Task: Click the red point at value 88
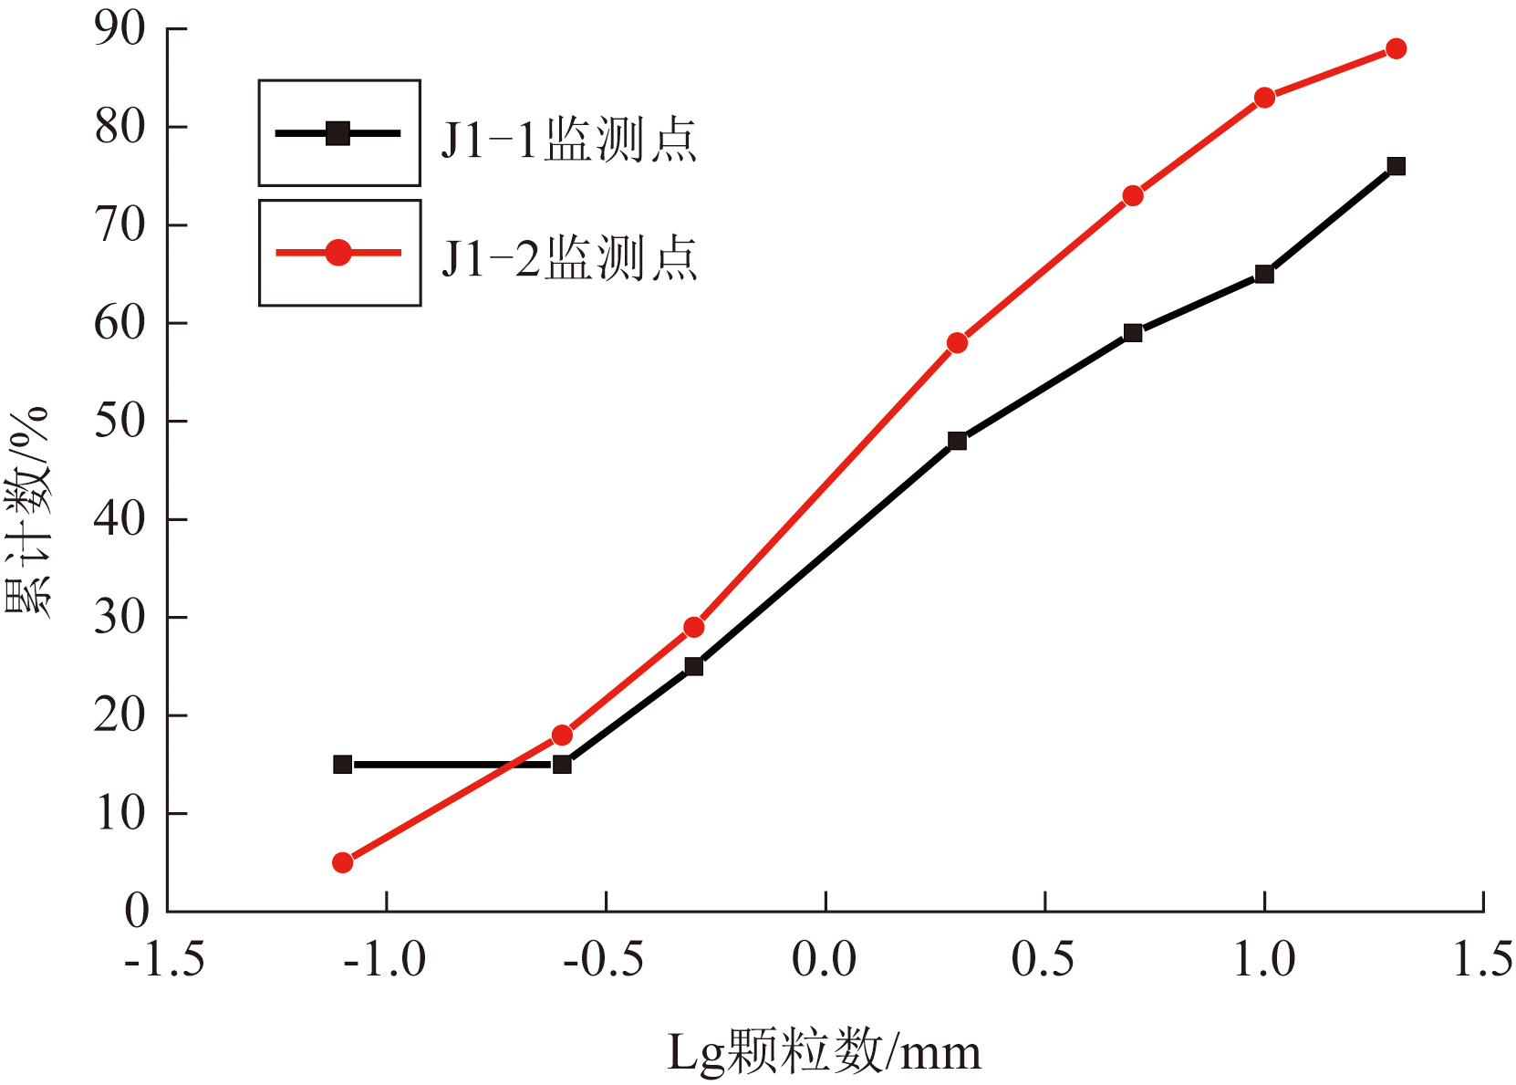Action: click(1396, 48)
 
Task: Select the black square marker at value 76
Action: click(1396, 166)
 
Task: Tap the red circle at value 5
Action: click(343, 862)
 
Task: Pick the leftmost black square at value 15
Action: click(343, 765)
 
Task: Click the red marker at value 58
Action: click(957, 343)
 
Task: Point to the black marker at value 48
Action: click(957, 441)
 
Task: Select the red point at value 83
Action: click(1264, 98)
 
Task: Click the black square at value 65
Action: click(1264, 274)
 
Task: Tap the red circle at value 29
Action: click(694, 627)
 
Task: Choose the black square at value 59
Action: click(1133, 333)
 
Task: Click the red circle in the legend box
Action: click(338, 252)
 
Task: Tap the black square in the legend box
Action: click(338, 133)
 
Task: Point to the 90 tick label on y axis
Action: click(120, 29)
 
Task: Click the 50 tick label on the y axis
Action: click(120, 422)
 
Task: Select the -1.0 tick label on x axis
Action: click(385, 960)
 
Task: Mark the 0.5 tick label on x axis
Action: click(1044, 960)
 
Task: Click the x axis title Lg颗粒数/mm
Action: click(825, 1052)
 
